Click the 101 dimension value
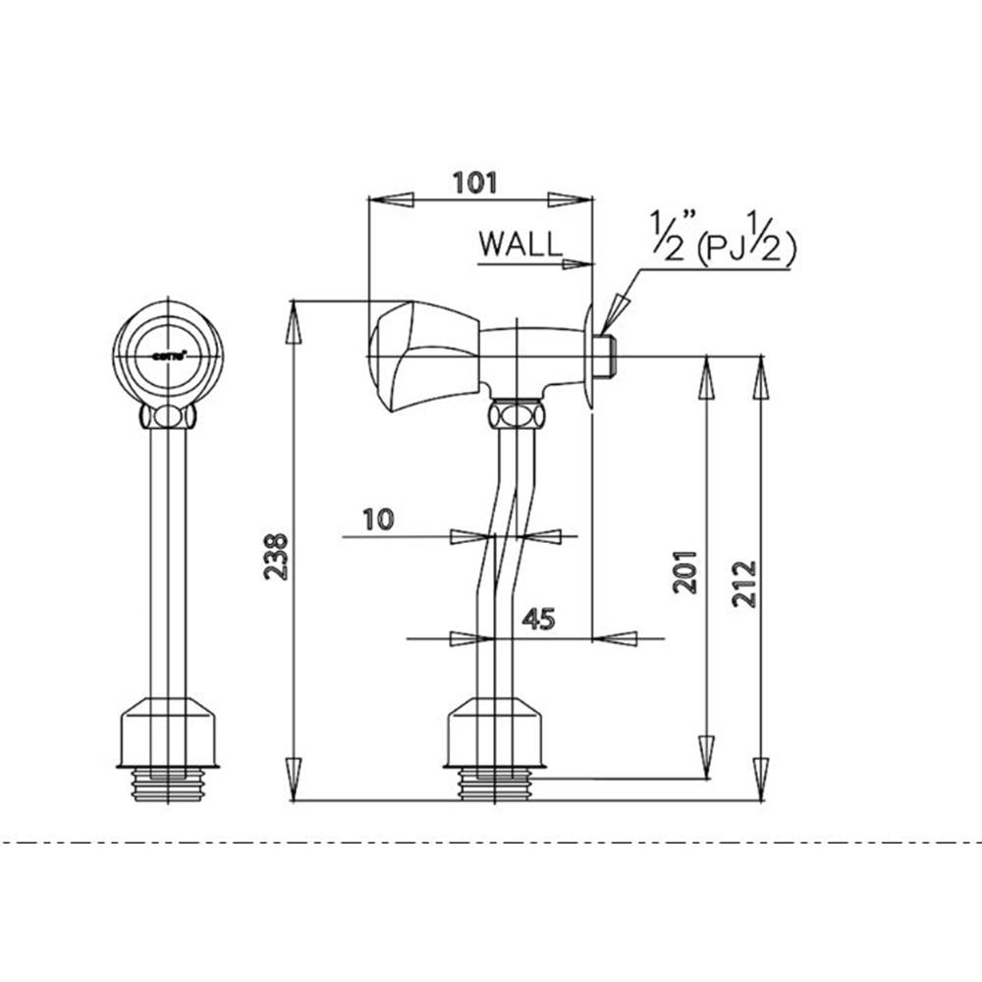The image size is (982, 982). (x=476, y=182)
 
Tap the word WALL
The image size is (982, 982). (x=520, y=244)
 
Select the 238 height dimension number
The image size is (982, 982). (x=278, y=557)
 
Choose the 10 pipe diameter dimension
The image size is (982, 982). (x=377, y=518)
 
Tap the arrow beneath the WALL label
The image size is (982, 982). (x=577, y=263)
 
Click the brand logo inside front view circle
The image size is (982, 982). (x=164, y=355)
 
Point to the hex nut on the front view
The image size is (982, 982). (x=167, y=417)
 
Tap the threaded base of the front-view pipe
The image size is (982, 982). (x=167, y=785)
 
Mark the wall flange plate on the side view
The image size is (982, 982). (x=590, y=358)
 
